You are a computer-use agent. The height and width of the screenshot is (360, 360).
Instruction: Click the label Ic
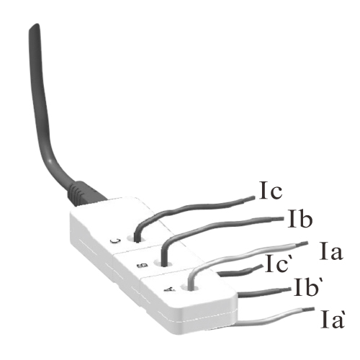(x=271, y=191)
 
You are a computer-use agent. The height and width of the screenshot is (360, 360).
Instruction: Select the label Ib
(x=300, y=218)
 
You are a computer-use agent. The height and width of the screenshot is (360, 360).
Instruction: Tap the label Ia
(x=331, y=251)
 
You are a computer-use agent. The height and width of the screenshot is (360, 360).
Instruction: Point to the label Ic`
(x=276, y=264)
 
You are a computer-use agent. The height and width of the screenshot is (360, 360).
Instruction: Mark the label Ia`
(x=333, y=319)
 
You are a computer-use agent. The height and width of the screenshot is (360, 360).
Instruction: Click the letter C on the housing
(x=115, y=241)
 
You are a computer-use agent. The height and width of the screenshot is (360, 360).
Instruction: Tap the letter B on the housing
(x=142, y=266)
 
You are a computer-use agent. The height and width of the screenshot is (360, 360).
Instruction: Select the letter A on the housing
(x=170, y=289)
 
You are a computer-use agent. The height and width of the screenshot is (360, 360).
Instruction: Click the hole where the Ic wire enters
(x=136, y=238)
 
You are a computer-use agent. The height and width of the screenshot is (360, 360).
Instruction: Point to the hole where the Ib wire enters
(x=163, y=264)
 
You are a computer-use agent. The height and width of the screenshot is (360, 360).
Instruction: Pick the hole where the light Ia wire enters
(x=190, y=287)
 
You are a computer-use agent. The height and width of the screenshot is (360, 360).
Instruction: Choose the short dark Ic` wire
(x=240, y=271)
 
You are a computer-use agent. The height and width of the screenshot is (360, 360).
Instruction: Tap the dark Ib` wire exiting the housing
(x=264, y=292)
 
